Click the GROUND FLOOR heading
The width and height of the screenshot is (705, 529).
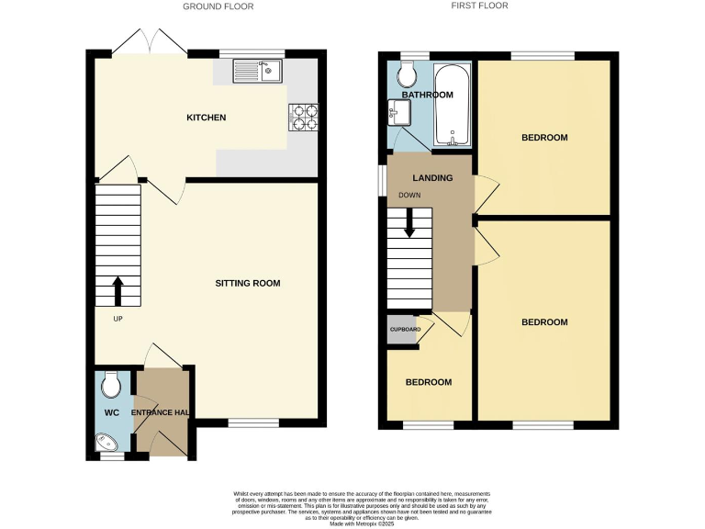218,6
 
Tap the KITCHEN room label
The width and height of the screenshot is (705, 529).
206,118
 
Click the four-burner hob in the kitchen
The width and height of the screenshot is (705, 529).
304,117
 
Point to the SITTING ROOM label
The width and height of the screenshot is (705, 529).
247,283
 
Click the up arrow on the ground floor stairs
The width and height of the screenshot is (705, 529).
117,291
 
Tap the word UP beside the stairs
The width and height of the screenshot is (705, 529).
118,320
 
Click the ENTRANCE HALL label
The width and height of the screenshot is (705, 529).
161,413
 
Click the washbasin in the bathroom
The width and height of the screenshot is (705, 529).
397,113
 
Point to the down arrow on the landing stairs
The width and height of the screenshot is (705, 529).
408,222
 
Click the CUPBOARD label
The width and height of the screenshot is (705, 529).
405,329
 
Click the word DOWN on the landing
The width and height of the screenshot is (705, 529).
409,195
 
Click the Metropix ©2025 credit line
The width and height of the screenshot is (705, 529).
352,523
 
